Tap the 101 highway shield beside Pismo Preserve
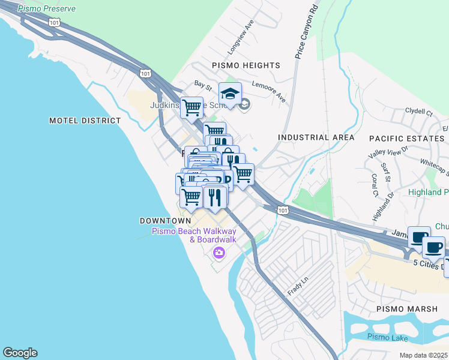55,23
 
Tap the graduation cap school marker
229,94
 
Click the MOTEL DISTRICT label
85,121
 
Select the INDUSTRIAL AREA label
312,137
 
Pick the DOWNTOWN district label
161,221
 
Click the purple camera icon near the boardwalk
218,253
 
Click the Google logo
20,353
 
